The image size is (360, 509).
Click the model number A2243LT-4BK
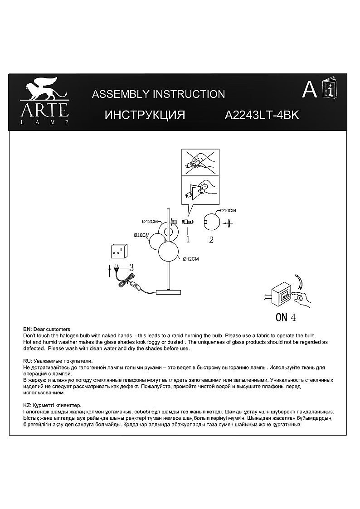pos(262,115)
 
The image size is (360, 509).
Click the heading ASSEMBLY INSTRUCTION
pos(158,94)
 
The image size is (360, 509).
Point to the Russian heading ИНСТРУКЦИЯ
pos(145,115)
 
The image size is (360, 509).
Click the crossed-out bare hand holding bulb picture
pos(200,162)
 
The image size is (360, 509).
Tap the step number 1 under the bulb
pos(187,237)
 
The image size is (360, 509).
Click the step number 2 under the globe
pos(211,240)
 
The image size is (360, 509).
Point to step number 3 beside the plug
pos(131,267)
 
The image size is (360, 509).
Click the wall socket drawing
pos(119,251)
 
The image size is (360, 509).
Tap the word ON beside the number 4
pos(282,317)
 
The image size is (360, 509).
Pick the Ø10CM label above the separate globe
pos(228,211)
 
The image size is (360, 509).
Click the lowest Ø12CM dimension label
pos(191,259)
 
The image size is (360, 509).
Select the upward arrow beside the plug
pos(109,271)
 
